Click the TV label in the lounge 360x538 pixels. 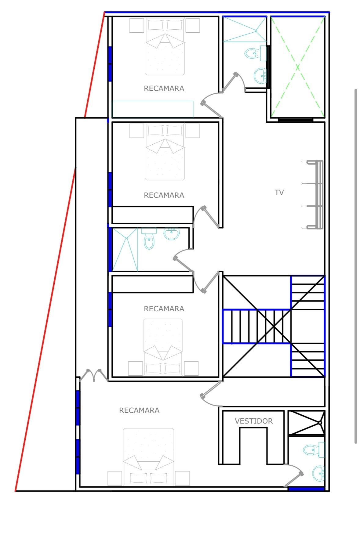(x=279, y=192)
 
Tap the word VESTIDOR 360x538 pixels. (x=254, y=421)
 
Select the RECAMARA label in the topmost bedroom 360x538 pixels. (x=164, y=88)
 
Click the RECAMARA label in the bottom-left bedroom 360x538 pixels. (x=139, y=410)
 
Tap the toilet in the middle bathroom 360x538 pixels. (x=149, y=238)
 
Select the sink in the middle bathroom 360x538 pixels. (x=172, y=234)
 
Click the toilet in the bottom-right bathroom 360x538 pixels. (x=314, y=450)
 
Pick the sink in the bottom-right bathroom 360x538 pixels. (x=318, y=473)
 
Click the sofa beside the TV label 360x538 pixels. (x=312, y=195)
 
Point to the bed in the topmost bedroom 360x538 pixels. (x=165, y=46)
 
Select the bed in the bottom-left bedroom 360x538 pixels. (x=148, y=457)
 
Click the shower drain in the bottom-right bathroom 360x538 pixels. (x=320, y=423)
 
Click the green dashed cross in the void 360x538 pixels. (x=298, y=67)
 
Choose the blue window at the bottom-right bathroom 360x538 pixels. (x=306, y=489)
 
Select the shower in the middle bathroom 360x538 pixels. (x=125, y=249)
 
